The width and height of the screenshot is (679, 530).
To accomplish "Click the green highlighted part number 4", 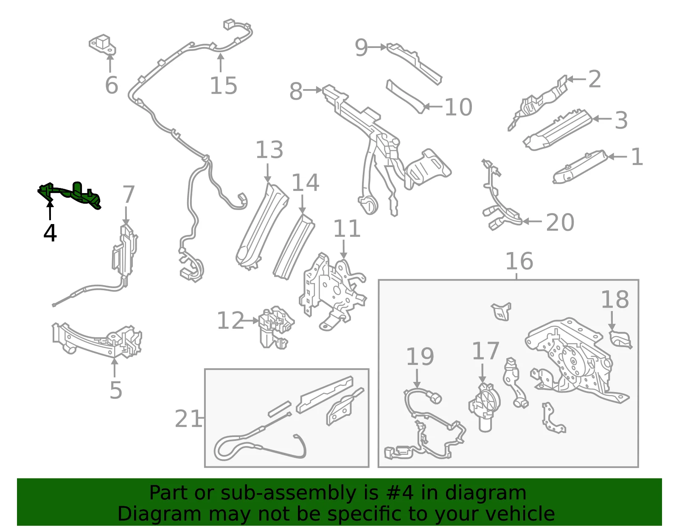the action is [69, 196].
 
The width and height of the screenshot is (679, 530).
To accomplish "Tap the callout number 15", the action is [223, 86].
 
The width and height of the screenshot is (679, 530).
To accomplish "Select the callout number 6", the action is [112, 85].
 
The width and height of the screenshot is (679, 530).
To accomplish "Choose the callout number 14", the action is [305, 182].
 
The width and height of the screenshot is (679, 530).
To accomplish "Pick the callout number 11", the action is [347, 228].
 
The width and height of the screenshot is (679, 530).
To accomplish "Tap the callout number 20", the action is [560, 222].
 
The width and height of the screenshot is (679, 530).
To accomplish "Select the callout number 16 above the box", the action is [519, 261].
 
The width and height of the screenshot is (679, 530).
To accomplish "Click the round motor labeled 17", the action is [484, 407].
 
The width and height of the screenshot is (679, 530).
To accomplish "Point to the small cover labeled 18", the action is [620, 340].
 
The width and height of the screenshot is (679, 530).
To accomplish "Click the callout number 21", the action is [188, 419].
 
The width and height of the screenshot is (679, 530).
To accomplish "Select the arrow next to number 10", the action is [433, 107].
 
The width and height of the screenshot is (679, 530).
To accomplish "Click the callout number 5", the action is [115, 390].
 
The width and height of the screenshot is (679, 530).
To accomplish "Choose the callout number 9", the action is [361, 48].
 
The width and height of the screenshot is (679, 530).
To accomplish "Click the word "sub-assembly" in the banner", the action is [289, 493].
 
